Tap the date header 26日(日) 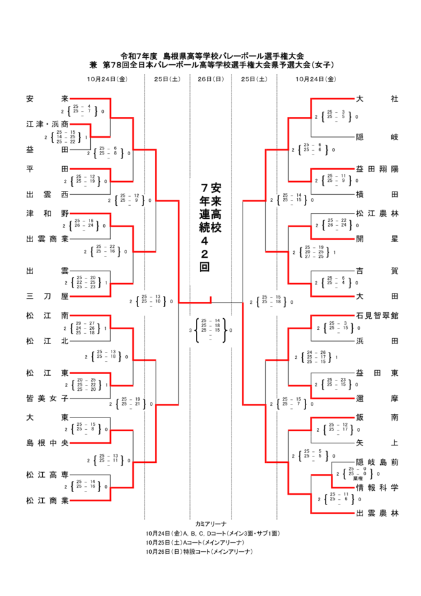(x=210, y=79)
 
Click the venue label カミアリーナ (x=210, y=523)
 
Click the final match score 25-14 (x=211, y=321)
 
